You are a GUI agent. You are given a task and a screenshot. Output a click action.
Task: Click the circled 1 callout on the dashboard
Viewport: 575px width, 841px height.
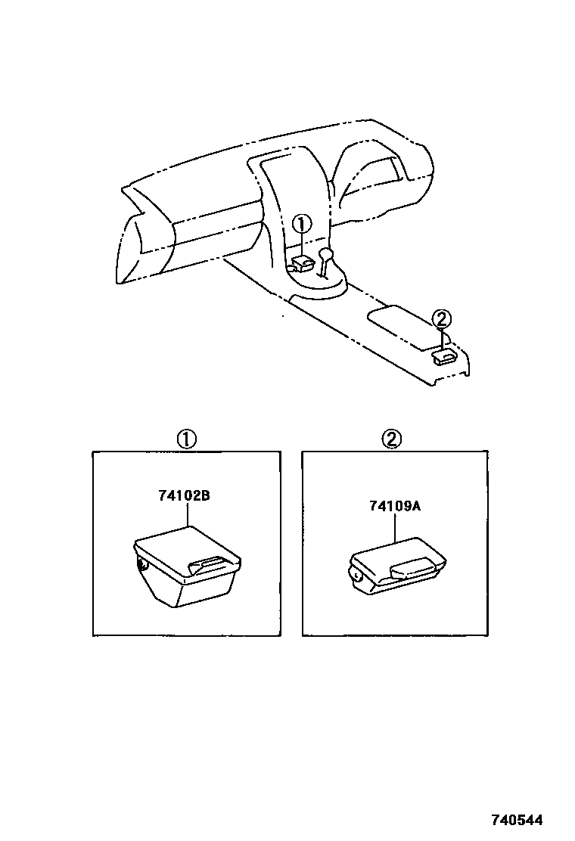(x=301, y=224)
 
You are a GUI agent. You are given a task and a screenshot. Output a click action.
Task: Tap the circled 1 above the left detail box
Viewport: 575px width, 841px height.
(x=186, y=439)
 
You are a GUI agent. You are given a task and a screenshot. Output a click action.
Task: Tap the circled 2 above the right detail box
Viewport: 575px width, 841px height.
(x=391, y=439)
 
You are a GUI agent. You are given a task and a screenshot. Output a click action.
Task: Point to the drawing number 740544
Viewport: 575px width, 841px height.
(x=518, y=820)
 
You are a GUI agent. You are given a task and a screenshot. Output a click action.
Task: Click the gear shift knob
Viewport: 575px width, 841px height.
(x=327, y=253)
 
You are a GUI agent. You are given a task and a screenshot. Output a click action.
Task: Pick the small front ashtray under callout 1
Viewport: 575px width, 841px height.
(x=302, y=263)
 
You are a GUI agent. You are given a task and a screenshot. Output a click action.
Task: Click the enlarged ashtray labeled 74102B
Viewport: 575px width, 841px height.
(x=186, y=566)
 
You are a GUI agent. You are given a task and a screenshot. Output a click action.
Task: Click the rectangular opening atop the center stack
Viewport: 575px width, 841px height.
(x=277, y=168)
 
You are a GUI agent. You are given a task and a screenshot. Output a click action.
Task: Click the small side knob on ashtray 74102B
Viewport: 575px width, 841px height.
(x=141, y=563)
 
